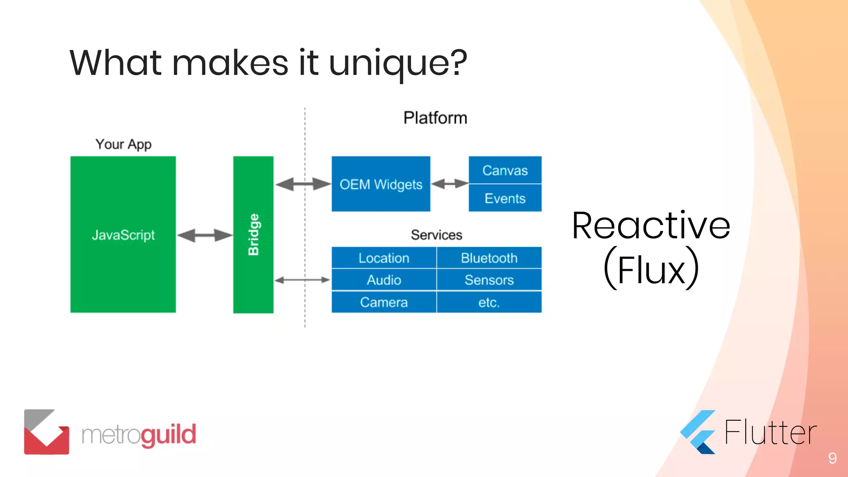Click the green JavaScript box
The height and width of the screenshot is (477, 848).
tap(123, 234)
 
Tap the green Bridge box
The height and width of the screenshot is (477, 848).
tap(253, 234)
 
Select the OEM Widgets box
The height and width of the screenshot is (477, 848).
tap(381, 184)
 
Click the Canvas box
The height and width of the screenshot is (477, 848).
tap(505, 170)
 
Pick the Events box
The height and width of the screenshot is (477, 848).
tap(505, 198)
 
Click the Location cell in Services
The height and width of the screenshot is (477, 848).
tap(384, 258)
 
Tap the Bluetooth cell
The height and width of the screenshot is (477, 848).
tap(489, 258)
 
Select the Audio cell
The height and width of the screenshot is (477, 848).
tap(384, 280)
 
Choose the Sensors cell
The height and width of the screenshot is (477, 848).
tap(489, 280)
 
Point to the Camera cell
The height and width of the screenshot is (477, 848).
tap(384, 302)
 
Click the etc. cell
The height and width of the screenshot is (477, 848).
tap(489, 302)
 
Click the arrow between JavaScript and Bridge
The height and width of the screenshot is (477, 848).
tap(205, 235)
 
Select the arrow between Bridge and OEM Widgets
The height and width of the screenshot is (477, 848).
tap(303, 184)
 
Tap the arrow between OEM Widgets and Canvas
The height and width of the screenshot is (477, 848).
tap(450, 183)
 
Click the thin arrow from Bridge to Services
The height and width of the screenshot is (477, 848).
tap(302, 280)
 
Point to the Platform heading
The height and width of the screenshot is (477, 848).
tap(435, 118)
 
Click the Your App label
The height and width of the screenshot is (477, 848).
tap(123, 144)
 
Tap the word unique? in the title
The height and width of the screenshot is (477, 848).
tap(398, 63)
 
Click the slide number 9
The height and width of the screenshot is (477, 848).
tap(832, 458)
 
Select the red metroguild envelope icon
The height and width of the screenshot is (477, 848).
tap(46, 432)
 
